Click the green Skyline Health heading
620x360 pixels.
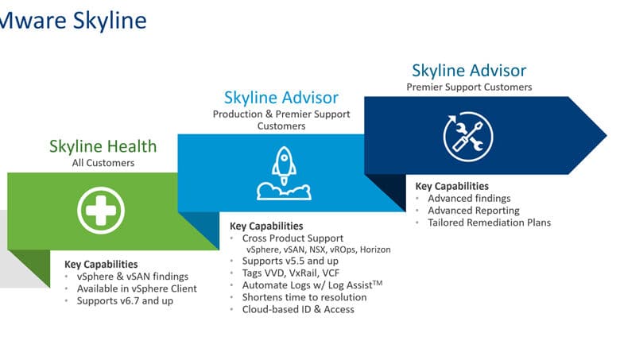click(103, 146)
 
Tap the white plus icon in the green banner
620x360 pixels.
click(101, 211)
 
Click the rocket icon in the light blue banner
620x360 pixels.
click(284, 173)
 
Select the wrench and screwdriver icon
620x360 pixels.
click(468, 137)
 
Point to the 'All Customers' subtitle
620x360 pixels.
click(103, 163)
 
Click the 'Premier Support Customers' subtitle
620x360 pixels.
click(469, 87)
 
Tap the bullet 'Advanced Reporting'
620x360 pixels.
click(474, 211)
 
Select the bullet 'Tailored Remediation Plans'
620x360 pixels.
click(489, 223)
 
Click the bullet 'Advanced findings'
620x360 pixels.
click(469, 198)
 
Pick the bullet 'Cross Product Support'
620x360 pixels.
click(293, 238)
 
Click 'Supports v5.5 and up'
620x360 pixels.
click(290, 261)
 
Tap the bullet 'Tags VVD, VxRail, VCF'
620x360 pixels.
click(291, 273)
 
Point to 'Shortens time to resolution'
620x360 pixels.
click(304, 297)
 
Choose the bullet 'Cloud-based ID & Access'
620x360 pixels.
click(298, 309)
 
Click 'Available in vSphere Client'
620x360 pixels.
click(137, 288)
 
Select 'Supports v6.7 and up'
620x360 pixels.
click(125, 300)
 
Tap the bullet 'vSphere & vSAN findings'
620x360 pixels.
click(133, 277)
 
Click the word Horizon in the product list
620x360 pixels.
click(375, 250)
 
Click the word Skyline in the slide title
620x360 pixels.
click(110, 21)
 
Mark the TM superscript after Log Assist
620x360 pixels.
click(378, 283)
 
